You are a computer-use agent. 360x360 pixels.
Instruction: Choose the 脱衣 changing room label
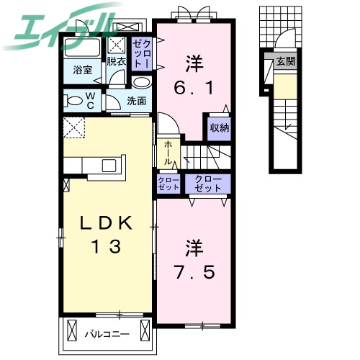[117, 61]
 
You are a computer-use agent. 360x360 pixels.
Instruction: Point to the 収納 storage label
[219, 128]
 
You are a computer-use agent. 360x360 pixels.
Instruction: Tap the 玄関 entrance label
[287, 61]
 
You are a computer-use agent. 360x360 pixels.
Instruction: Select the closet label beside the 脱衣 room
[141, 54]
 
